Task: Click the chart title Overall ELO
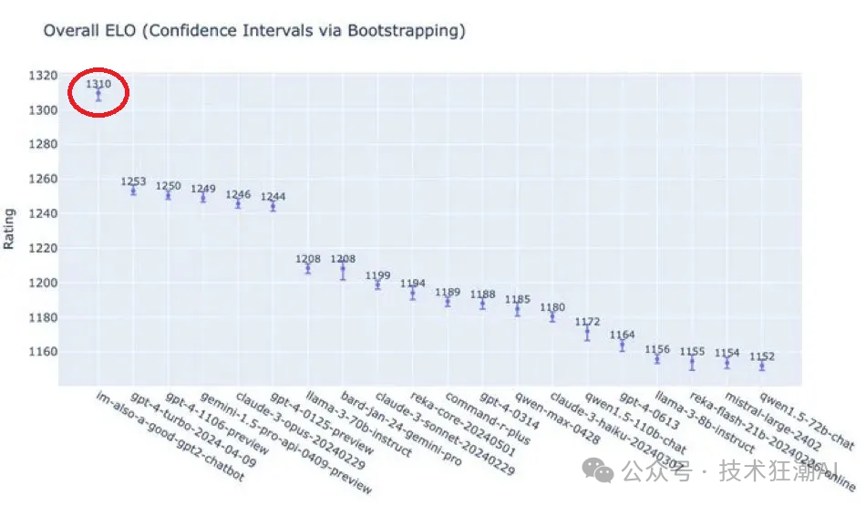(x=254, y=31)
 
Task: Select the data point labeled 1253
(x=133, y=191)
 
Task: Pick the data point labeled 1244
(x=273, y=206)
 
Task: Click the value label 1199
(x=377, y=274)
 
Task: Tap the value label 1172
(x=587, y=322)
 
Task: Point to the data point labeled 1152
(x=762, y=366)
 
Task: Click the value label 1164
(x=623, y=335)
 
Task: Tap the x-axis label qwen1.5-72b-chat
(x=807, y=418)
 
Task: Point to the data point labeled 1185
(x=517, y=310)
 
